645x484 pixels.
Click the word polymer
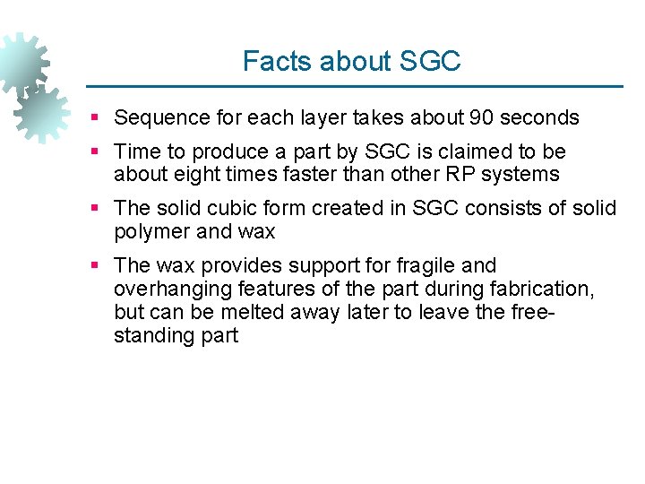(150, 231)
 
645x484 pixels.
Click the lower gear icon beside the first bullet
(41, 115)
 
